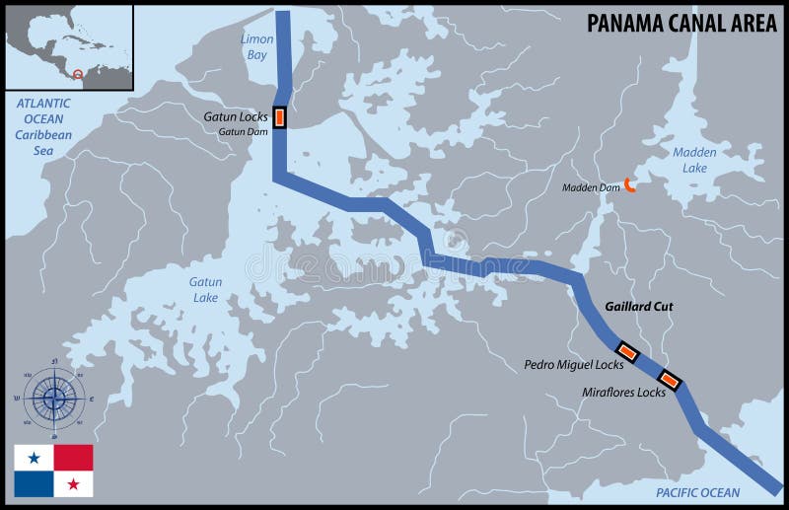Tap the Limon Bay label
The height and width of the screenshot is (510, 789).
tap(256, 47)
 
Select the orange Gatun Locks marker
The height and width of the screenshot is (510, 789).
tap(280, 117)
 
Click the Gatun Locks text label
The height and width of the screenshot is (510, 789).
tap(236, 116)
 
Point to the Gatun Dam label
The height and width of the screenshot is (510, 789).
tap(243, 131)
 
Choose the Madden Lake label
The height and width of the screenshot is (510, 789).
tap(694, 160)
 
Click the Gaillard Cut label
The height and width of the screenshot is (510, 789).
tap(638, 307)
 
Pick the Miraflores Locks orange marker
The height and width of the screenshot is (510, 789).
tap(669, 380)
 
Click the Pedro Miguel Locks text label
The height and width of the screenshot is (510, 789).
tap(573, 365)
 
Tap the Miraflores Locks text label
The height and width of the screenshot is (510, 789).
tap(623, 392)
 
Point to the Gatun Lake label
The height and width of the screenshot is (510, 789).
tap(205, 289)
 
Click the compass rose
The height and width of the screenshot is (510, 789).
tap(55, 398)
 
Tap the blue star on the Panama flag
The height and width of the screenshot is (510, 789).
tap(34, 458)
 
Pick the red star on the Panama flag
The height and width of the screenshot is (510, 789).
tap(73, 483)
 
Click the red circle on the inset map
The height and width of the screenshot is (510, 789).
tap(78, 74)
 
